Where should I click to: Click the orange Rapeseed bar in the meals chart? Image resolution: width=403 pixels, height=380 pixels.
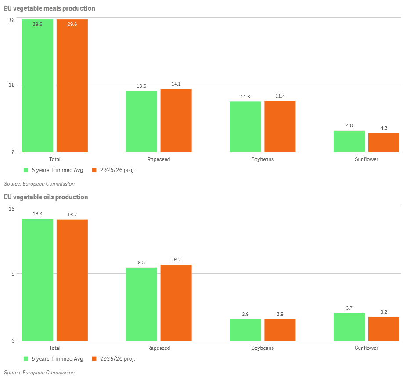[x=176, y=120]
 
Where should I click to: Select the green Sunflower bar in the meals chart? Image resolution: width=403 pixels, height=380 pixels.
[x=349, y=141]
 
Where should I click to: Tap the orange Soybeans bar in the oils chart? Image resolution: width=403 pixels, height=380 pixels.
[x=280, y=330]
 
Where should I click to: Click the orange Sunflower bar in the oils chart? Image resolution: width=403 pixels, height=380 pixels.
[x=384, y=329]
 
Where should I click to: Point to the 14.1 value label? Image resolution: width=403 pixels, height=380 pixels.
[x=176, y=84]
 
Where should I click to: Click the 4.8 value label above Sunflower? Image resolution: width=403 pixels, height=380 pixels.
[x=349, y=126]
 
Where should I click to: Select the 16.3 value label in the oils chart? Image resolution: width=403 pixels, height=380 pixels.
[x=37, y=214]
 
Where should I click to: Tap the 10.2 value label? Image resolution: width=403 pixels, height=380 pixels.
[x=176, y=259]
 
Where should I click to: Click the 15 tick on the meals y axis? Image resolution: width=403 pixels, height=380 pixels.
[x=12, y=85]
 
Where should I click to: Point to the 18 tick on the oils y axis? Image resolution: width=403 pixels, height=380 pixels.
[x=12, y=208]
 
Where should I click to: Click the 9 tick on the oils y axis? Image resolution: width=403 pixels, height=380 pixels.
[x=13, y=274]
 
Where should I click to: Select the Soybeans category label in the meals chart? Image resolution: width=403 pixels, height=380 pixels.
[x=263, y=159]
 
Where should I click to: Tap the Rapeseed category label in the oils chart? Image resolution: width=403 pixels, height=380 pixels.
[x=158, y=348]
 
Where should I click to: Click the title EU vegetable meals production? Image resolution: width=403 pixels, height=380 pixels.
[x=49, y=8]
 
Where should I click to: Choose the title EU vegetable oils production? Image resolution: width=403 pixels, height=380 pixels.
[x=46, y=197]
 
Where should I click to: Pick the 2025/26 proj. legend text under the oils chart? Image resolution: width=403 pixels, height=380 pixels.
[x=117, y=359]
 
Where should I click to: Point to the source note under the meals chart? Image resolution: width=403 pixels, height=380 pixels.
[x=39, y=184]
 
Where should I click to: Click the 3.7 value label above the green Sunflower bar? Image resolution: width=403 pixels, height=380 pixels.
[x=349, y=308]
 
